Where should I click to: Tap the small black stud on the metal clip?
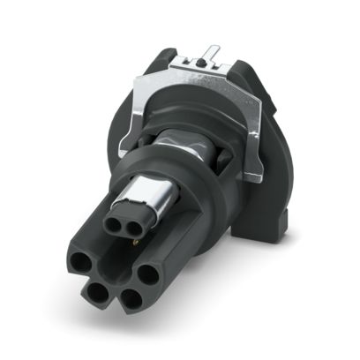point(202,65)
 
